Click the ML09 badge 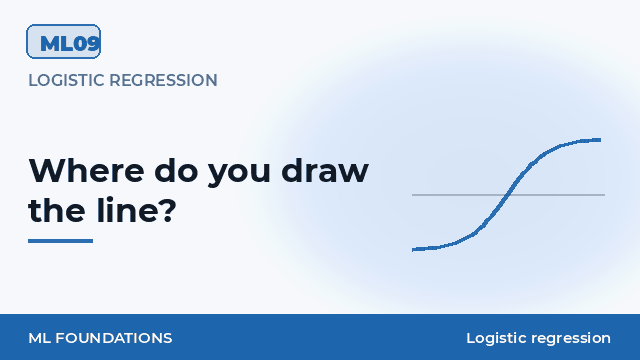click(63, 41)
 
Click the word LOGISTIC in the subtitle click(67, 80)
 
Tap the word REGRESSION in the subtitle click(163, 80)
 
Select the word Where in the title click(87, 170)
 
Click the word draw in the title click(325, 170)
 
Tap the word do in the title click(176, 170)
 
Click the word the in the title click(57, 210)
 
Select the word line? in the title click(137, 210)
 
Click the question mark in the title click(167, 210)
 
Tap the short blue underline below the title click(60, 241)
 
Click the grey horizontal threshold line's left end click(412, 195)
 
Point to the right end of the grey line click(604, 195)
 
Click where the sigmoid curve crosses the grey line click(506, 195)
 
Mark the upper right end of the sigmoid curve click(600, 140)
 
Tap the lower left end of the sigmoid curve click(413, 249)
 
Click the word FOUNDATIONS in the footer click(114, 338)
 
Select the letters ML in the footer click(40, 338)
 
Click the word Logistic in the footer click(496, 338)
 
